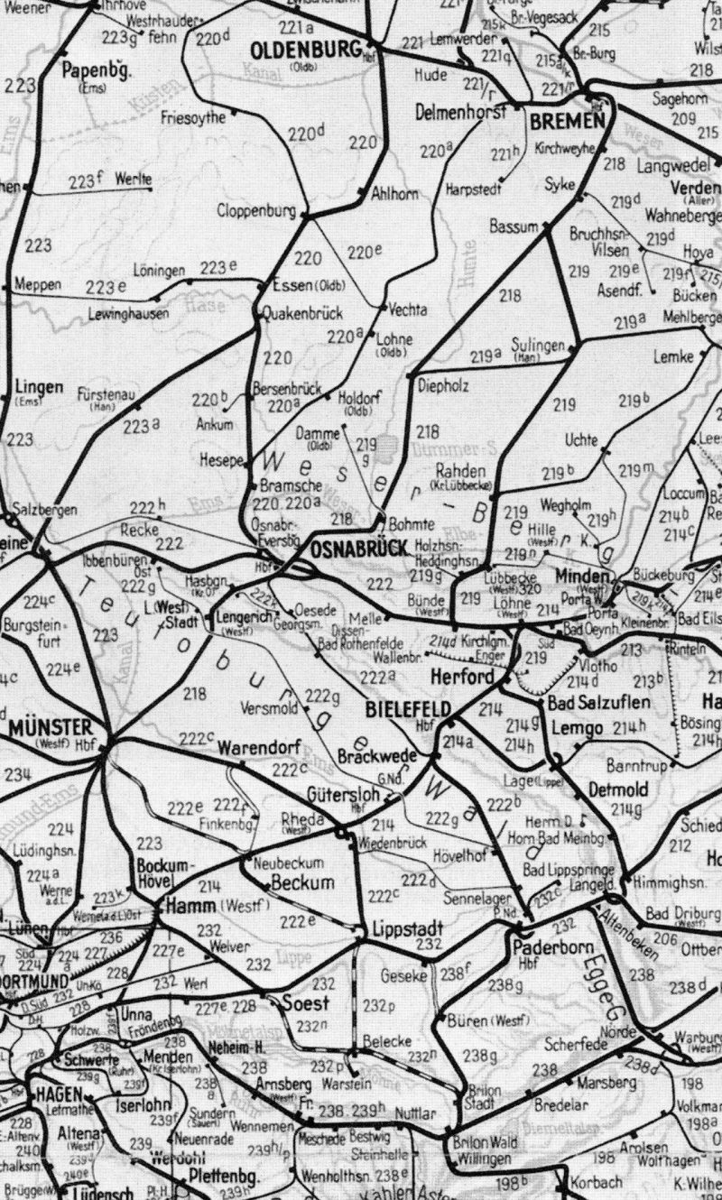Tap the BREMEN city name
pyautogui.click(x=568, y=122)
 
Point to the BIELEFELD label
pyautogui.click(x=408, y=710)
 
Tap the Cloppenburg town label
pyautogui.click(x=256, y=212)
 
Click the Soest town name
pyautogui.click(x=305, y=1002)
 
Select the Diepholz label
pyautogui.click(x=444, y=385)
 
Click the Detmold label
pyautogui.click(x=618, y=789)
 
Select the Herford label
pyautogui.click(x=462, y=677)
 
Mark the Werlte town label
pyautogui.click(x=134, y=180)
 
